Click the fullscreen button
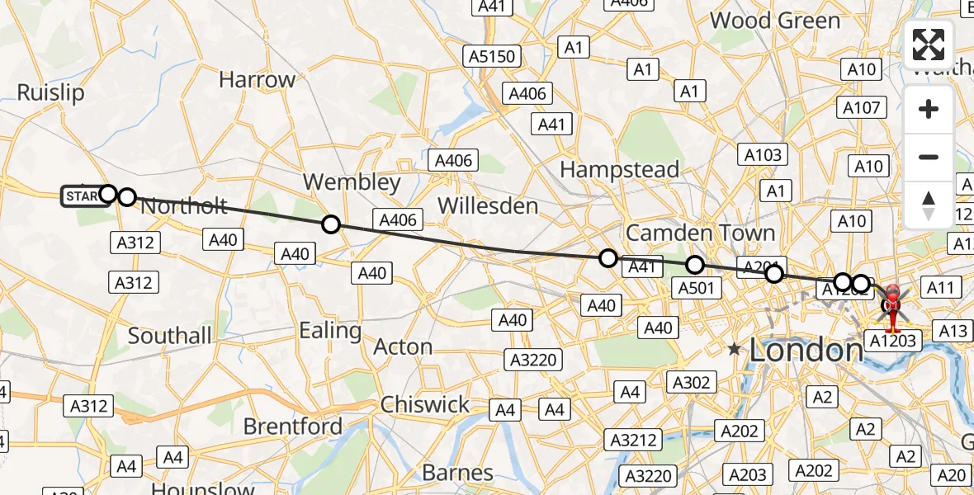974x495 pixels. tap(929, 45)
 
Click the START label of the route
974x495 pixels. tap(83, 196)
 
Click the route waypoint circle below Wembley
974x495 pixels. tap(331, 224)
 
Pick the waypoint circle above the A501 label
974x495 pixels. tap(695, 265)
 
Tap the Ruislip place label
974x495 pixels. tap(51, 92)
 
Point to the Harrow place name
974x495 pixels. tap(258, 80)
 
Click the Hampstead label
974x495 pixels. tap(620, 170)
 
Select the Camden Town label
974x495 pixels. tap(700, 233)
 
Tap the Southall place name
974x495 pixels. tap(169, 336)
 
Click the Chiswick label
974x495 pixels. tap(424, 405)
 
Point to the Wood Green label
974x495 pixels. tap(776, 21)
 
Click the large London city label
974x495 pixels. tap(806, 351)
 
